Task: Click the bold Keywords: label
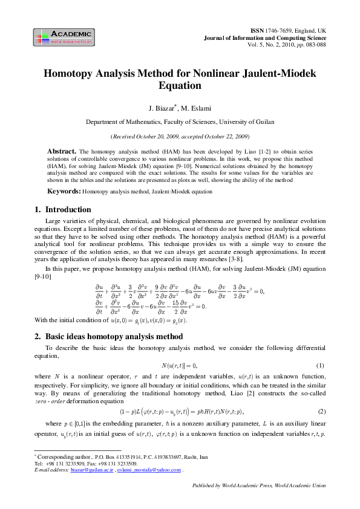(64, 191)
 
